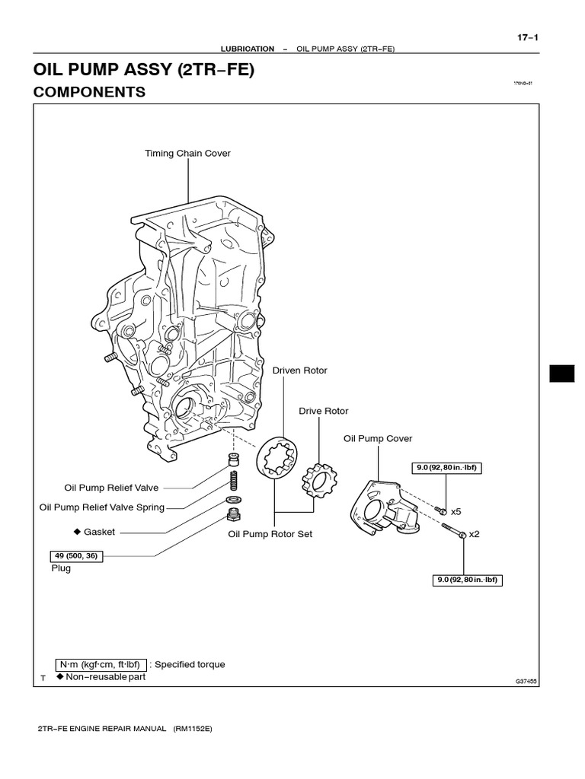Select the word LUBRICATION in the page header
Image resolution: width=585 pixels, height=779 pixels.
[247, 49]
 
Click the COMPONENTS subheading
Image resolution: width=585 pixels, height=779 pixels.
[89, 92]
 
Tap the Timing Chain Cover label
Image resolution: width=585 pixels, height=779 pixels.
[187, 154]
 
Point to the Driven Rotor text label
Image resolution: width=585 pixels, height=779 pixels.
[300, 370]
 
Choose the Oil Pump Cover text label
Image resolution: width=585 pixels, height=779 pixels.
[378, 439]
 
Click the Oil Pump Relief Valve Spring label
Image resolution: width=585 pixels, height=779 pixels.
[102, 507]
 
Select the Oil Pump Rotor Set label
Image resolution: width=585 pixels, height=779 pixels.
[270, 534]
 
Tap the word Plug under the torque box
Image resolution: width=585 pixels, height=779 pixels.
[61, 568]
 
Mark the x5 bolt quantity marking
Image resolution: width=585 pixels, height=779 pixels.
[457, 512]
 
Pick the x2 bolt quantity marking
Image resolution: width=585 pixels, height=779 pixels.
[474, 534]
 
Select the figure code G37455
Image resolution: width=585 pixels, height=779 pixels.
[526, 682]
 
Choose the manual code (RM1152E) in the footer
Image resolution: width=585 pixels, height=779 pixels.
[187, 729]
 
